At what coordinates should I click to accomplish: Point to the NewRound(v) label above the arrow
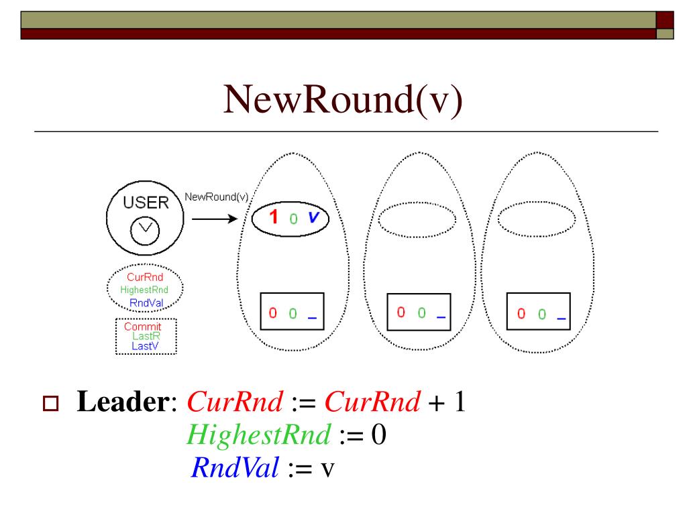(x=216, y=197)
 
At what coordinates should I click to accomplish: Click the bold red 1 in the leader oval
(x=273, y=217)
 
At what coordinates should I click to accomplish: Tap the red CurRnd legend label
(x=145, y=276)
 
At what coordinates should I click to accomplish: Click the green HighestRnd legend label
(x=144, y=290)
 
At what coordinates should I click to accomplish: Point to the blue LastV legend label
(x=144, y=346)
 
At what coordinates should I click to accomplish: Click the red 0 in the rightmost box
(x=521, y=314)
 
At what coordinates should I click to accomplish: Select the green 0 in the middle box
(x=421, y=312)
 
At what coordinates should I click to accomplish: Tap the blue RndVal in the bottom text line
(x=235, y=467)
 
